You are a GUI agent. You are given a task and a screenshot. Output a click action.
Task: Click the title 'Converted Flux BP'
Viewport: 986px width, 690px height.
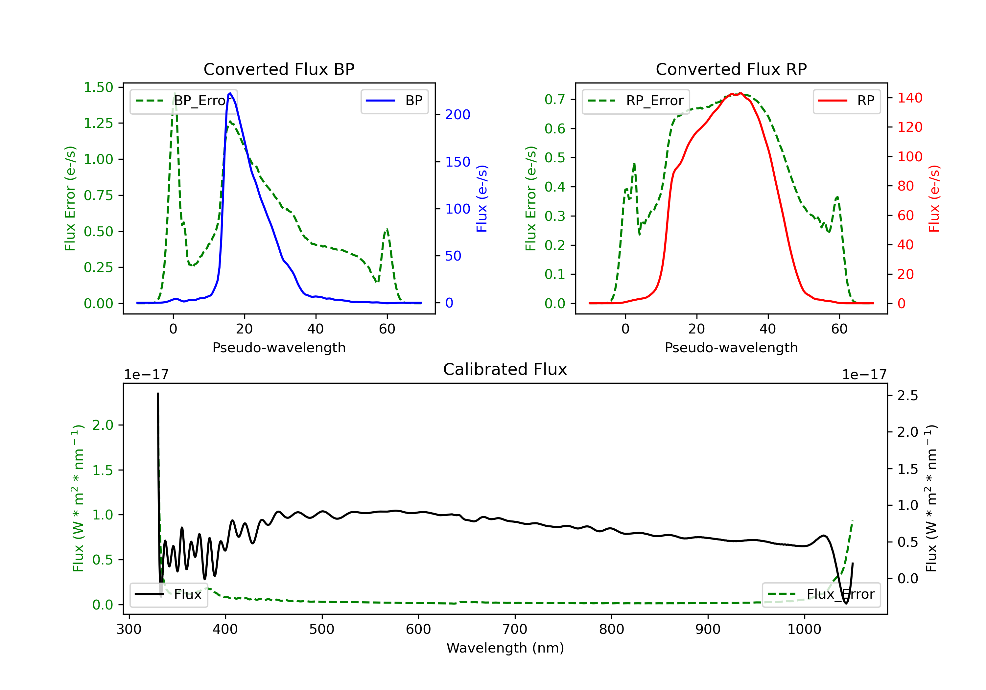click(279, 69)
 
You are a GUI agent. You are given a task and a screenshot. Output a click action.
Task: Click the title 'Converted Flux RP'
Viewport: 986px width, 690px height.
click(731, 69)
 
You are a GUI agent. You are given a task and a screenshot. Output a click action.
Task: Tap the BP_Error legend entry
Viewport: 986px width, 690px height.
click(184, 101)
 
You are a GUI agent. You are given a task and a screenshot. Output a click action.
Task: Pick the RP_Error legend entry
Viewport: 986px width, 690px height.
click(636, 101)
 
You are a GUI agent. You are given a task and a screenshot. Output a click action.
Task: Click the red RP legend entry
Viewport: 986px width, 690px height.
click(846, 101)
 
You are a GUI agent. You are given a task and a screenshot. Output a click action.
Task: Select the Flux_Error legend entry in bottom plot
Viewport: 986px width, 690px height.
click(821, 594)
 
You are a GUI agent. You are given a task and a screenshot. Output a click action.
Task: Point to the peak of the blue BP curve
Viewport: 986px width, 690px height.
click(230, 93)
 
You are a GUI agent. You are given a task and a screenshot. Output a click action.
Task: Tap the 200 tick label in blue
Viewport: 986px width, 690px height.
click(458, 115)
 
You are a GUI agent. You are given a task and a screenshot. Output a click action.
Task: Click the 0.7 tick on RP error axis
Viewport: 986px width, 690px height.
click(554, 100)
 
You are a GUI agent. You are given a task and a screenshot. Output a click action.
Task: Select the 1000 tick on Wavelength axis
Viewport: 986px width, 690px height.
click(804, 630)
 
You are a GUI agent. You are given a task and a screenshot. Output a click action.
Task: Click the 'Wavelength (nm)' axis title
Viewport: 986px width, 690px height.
click(505, 648)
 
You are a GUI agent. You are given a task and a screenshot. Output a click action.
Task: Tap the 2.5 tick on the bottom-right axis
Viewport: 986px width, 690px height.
click(907, 396)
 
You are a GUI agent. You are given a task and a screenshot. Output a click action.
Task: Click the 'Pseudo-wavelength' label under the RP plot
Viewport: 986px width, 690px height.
click(731, 347)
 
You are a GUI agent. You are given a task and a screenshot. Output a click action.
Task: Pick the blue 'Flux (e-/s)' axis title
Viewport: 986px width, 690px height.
click(482, 198)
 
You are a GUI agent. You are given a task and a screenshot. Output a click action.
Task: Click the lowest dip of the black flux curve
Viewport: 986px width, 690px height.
click(846, 603)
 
